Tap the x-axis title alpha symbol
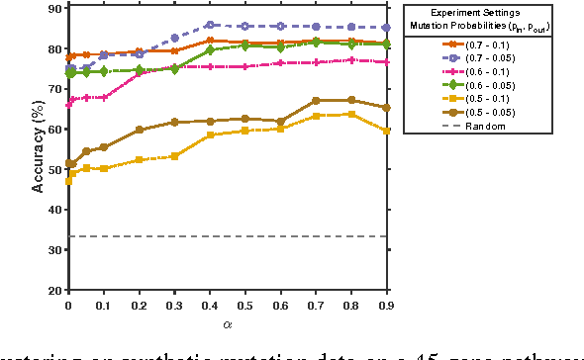[x=227, y=321]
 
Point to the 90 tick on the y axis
[x=55, y=8]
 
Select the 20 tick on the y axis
[x=55, y=291]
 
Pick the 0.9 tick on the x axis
[x=385, y=306]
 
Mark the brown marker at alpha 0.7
[x=315, y=101]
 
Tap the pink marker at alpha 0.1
[x=104, y=98]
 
